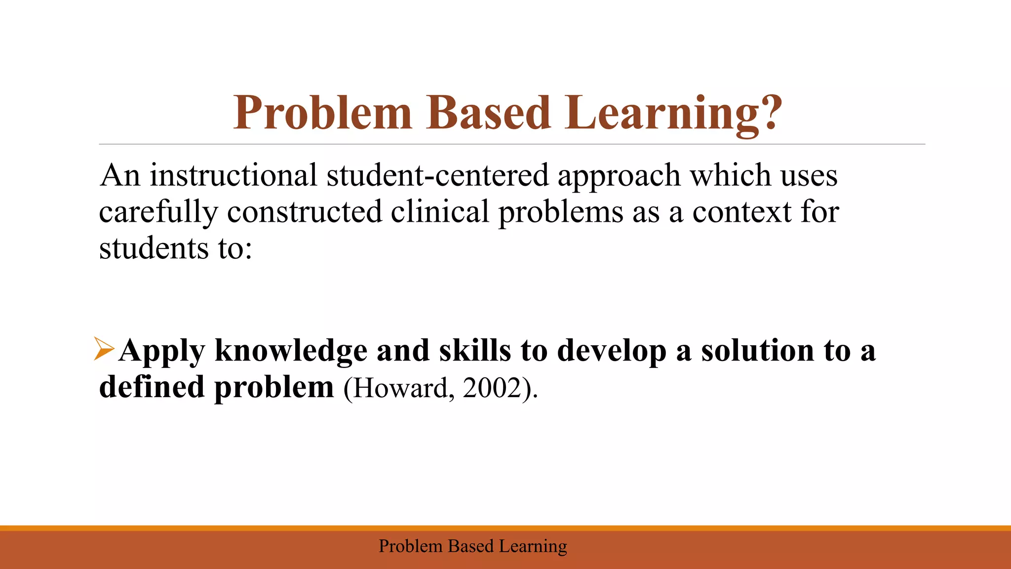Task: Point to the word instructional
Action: coord(233,175)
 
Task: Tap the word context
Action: coord(742,212)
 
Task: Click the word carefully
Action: coord(158,212)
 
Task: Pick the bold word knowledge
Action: coord(291,351)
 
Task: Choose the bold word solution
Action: coord(758,351)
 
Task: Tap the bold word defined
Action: coord(152,387)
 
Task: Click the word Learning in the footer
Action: coord(533,546)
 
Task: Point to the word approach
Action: coord(619,175)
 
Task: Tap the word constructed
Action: coord(304,212)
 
